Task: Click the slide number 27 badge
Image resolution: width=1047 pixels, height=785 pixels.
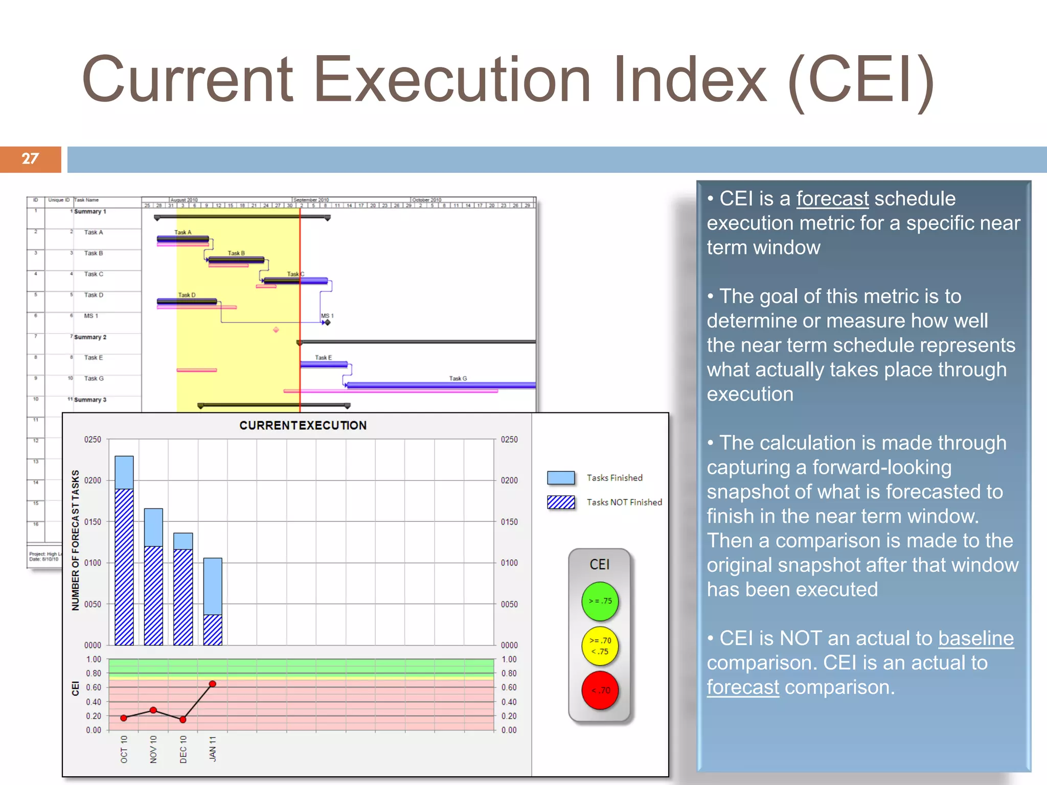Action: click(x=30, y=159)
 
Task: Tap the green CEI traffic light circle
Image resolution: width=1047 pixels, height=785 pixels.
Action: click(x=600, y=601)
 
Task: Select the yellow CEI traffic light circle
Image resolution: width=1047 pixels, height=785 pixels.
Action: click(x=600, y=646)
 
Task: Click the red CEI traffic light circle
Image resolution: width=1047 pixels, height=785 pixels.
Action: click(x=600, y=690)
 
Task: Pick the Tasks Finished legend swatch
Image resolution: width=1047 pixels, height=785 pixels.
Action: click(x=561, y=478)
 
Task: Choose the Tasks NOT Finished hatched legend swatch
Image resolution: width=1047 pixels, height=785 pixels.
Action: click(x=561, y=502)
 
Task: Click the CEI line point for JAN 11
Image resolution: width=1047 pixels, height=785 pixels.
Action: click(x=213, y=684)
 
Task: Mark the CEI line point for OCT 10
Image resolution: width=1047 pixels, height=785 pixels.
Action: click(x=124, y=718)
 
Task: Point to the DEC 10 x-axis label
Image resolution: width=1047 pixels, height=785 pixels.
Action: click(x=183, y=750)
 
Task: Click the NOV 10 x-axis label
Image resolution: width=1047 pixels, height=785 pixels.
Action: click(x=153, y=750)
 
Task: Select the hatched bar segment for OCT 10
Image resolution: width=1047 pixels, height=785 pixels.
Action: click(x=124, y=567)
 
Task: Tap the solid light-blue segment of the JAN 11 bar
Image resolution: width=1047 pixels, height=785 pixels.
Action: click(x=213, y=586)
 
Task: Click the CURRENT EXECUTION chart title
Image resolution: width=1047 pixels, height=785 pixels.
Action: click(x=303, y=425)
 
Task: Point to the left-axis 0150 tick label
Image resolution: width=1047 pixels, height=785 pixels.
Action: click(x=93, y=522)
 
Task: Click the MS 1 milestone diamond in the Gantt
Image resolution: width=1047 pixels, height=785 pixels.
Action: click(x=327, y=322)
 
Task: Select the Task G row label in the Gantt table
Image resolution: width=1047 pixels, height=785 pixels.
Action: click(x=94, y=379)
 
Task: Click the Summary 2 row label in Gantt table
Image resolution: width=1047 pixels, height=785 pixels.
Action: click(x=90, y=337)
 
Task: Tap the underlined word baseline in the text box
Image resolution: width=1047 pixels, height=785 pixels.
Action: click(x=975, y=639)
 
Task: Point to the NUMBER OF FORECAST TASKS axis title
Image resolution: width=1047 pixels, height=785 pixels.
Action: click(x=76, y=540)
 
